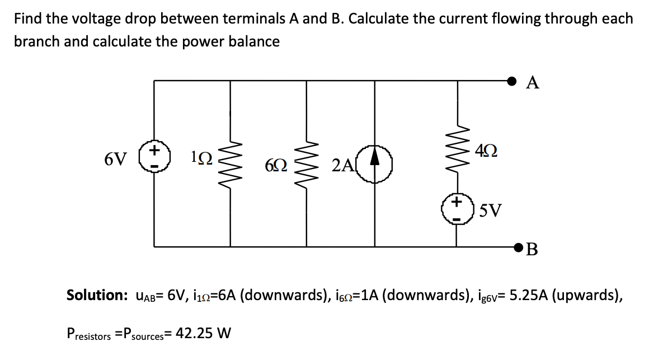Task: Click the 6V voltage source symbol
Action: tap(155, 160)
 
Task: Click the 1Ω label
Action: tap(201, 159)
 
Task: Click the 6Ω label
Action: tap(276, 165)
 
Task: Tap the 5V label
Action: tap(490, 211)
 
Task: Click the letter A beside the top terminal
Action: tap(533, 83)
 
